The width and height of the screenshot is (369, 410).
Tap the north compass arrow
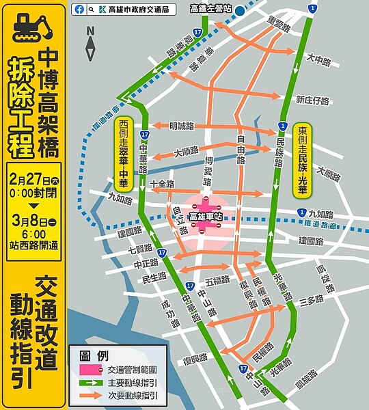coord(91,46)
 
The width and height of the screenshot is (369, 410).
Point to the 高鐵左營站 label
coord(210,9)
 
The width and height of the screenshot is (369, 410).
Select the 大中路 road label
coord(318,61)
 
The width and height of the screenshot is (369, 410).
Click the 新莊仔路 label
coord(312,100)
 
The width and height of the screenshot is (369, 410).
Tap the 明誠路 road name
coord(182,126)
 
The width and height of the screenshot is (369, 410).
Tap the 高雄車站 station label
coord(206,216)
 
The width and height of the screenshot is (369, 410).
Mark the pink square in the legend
coord(90,370)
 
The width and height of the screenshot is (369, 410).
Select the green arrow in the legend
coord(90,383)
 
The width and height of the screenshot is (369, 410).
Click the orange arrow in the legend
coord(90,395)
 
